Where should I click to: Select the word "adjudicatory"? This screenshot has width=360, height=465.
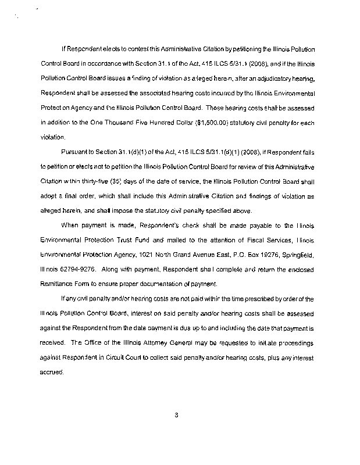coord(265,77)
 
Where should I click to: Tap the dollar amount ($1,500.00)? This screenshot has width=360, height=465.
coord(186,123)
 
